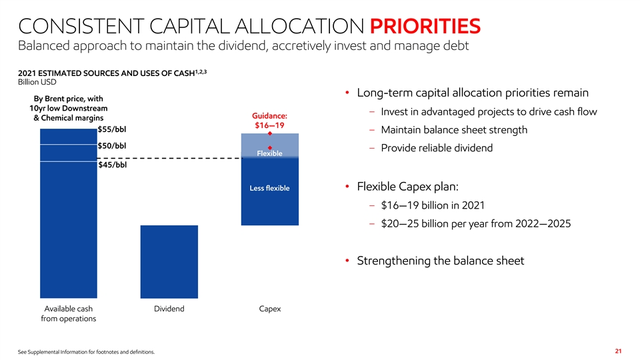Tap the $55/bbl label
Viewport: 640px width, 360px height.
click(x=112, y=129)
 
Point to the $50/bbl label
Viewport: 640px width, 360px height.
click(x=112, y=146)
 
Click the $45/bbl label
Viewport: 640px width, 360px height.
click(x=112, y=166)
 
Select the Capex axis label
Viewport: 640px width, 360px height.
click(x=270, y=309)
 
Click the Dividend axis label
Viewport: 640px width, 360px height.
click(x=169, y=309)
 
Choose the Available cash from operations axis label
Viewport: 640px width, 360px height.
click(x=68, y=314)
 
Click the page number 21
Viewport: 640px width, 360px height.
click(x=618, y=351)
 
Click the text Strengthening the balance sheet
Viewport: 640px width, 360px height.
click(x=441, y=261)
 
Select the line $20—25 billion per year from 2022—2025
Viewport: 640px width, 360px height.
click(x=475, y=223)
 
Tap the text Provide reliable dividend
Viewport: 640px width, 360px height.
click(x=437, y=148)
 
